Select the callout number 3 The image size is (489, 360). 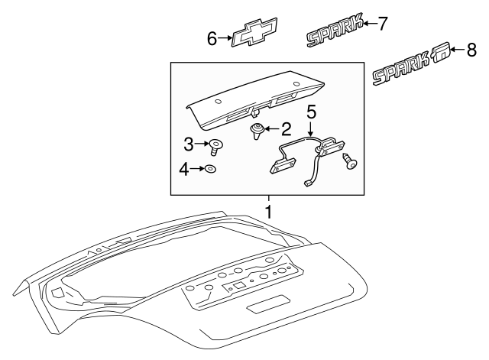pyautogui.click(x=189, y=142)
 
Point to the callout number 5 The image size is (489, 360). pyautogui.click(x=311, y=111)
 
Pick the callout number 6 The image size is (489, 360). pyautogui.click(x=213, y=37)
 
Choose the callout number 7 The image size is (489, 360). pyautogui.click(x=383, y=23)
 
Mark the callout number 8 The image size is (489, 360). pyautogui.click(x=471, y=50)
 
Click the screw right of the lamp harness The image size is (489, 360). pyautogui.click(x=352, y=163)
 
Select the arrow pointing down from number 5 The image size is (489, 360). pyautogui.click(x=311, y=128)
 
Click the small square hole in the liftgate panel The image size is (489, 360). pyautogui.click(x=239, y=285)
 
